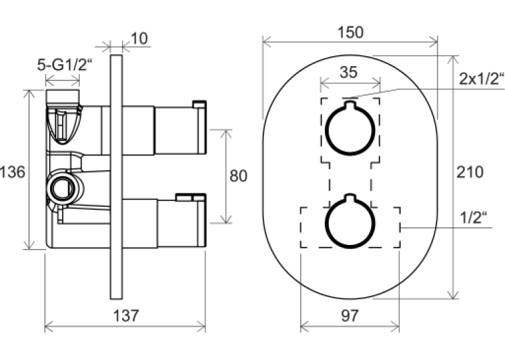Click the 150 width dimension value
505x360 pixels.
351,32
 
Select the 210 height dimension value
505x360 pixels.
470,172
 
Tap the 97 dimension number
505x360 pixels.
349,316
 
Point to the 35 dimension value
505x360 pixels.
349,72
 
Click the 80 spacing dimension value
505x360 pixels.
238,176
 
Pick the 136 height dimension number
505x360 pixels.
13,172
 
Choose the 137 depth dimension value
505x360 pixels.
126,316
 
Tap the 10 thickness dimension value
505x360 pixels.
139,39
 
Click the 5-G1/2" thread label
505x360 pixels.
65,65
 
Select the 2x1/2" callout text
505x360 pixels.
481,79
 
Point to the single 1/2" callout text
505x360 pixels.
473,218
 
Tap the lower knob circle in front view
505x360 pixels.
350,223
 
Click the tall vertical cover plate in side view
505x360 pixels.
116,177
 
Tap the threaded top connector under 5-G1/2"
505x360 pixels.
63,96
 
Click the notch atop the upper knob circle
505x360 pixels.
350,105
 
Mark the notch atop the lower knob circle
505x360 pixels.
350,198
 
